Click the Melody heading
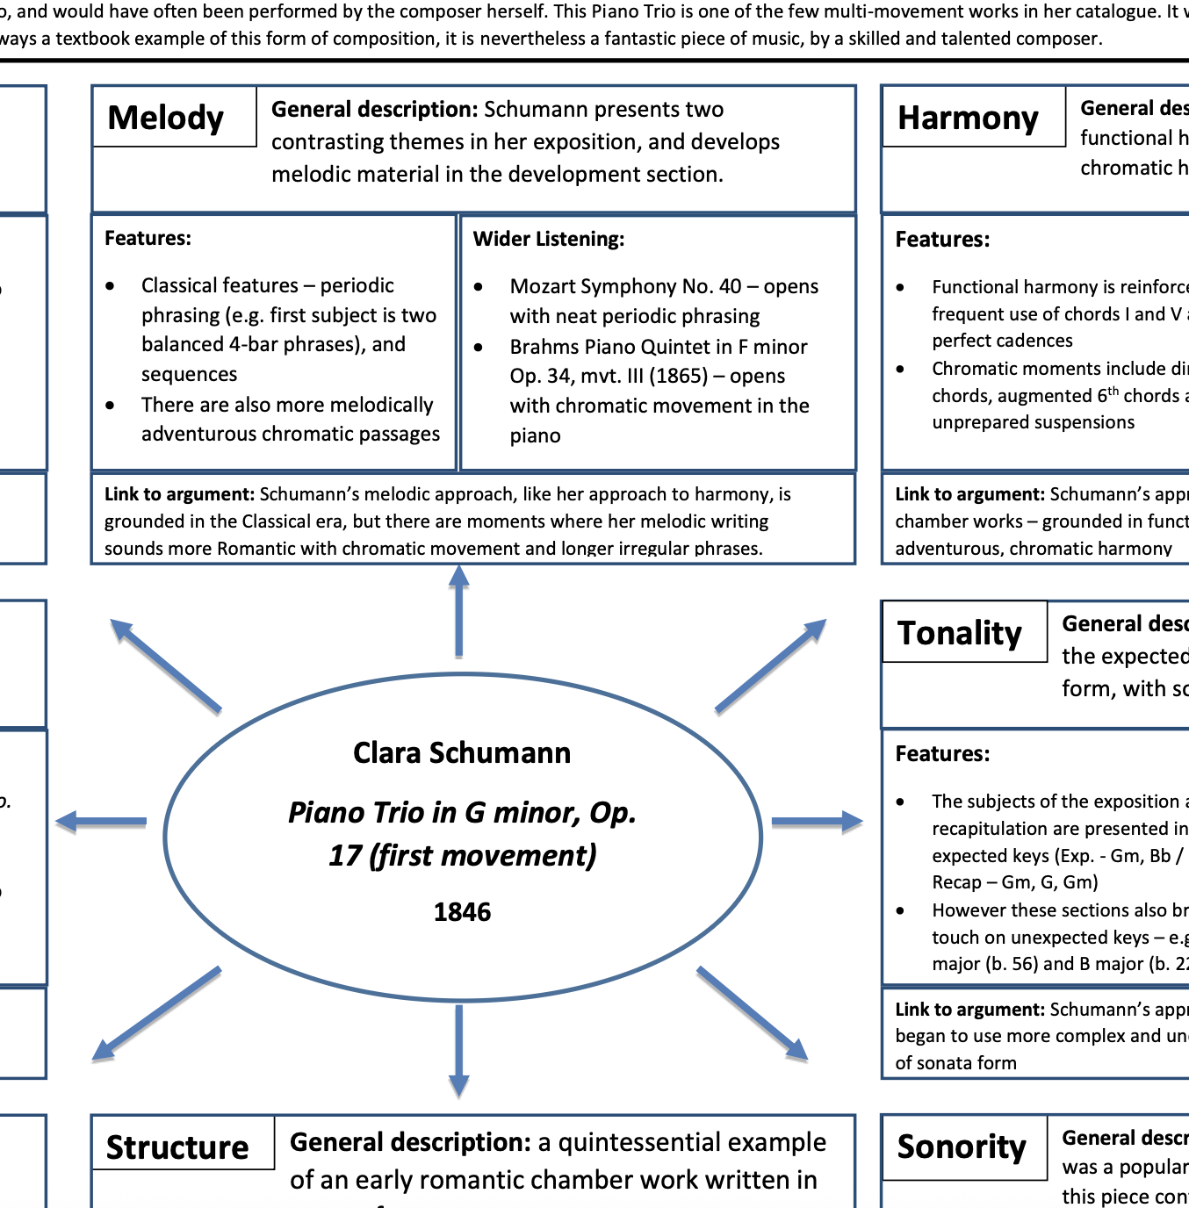coord(165,118)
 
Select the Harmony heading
coord(968,118)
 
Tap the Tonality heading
coord(959,633)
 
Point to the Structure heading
coord(177,1147)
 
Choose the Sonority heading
coord(961,1147)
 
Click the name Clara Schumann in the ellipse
coord(462,753)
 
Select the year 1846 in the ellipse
coord(462,912)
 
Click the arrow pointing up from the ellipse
coord(458,611)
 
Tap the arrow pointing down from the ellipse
coord(458,1051)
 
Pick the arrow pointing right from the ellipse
coord(817,822)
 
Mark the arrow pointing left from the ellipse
coord(101,822)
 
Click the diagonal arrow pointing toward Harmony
coord(771,665)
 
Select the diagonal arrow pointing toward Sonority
coord(753,1013)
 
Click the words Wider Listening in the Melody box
coord(549,239)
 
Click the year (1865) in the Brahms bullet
coord(678,376)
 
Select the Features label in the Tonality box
coord(942,754)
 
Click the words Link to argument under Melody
coord(179,494)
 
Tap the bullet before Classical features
coord(110,286)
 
